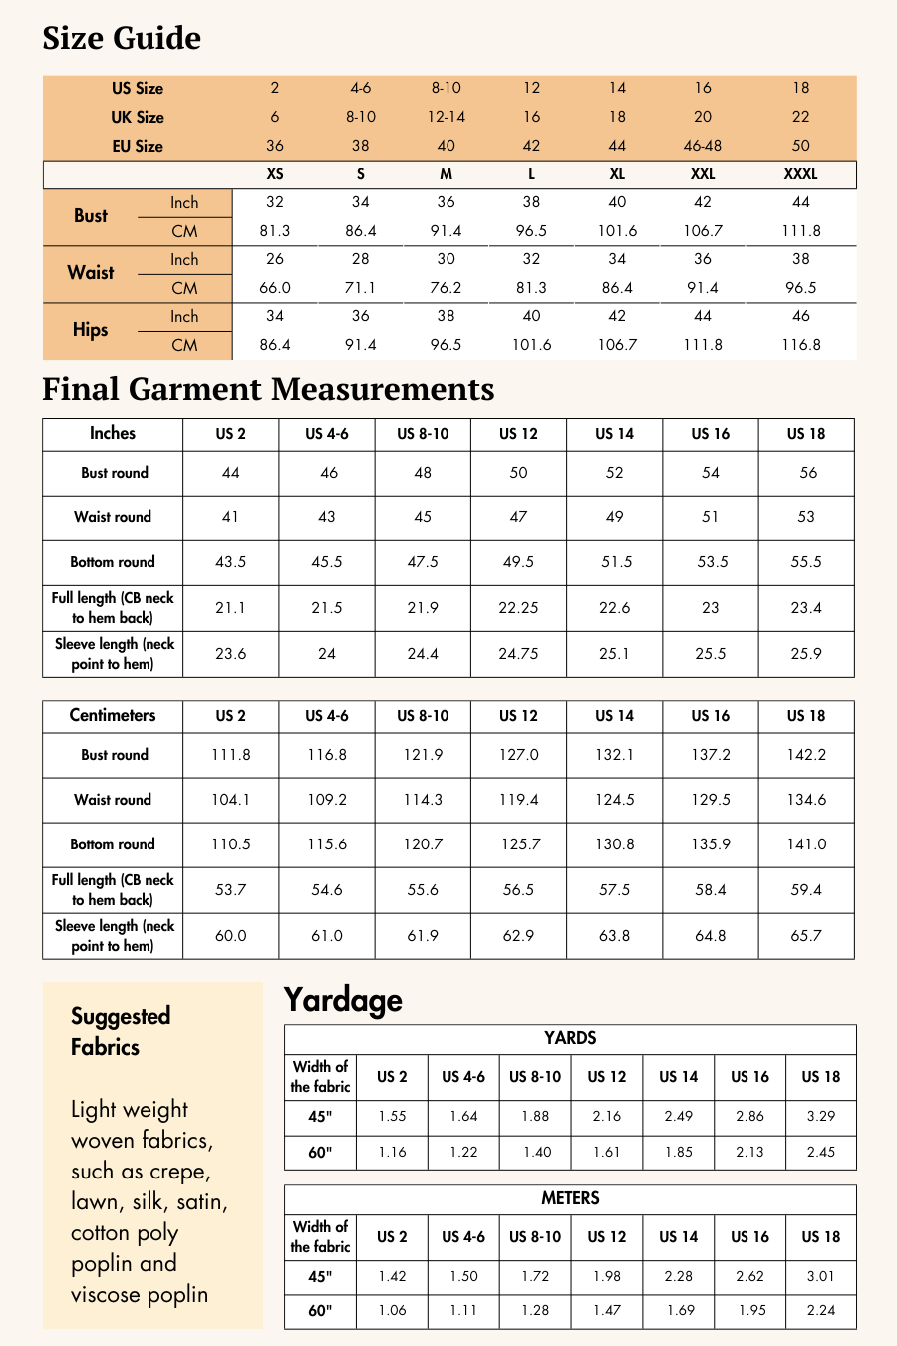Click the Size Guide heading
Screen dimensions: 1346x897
tap(122, 38)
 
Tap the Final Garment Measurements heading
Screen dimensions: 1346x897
tap(268, 389)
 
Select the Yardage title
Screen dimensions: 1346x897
tap(343, 999)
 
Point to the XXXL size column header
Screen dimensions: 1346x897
tap(800, 174)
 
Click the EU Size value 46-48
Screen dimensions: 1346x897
tap(703, 146)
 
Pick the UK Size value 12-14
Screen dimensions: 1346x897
tap(446, 117)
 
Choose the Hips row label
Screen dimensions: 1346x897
tap(90, 330)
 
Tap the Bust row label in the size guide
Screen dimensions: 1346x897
tap(90, 216)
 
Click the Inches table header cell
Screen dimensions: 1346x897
tap(113, 433)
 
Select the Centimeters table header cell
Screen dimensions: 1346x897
tap(113, 715)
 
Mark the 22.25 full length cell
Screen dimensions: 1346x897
tap(518, 608)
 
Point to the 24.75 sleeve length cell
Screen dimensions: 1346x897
tap(518, 654)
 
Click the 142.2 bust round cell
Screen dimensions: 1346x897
tap(806, 755)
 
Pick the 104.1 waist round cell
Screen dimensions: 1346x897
tap(230, 800)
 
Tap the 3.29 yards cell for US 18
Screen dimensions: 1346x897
tap(820, 1116)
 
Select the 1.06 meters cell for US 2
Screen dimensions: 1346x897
tap(392, 1310)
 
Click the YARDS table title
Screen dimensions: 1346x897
tap(570, 1038)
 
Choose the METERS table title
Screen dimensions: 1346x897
tap(570, 1198)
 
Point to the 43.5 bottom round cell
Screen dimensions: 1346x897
tap(230, 562)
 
